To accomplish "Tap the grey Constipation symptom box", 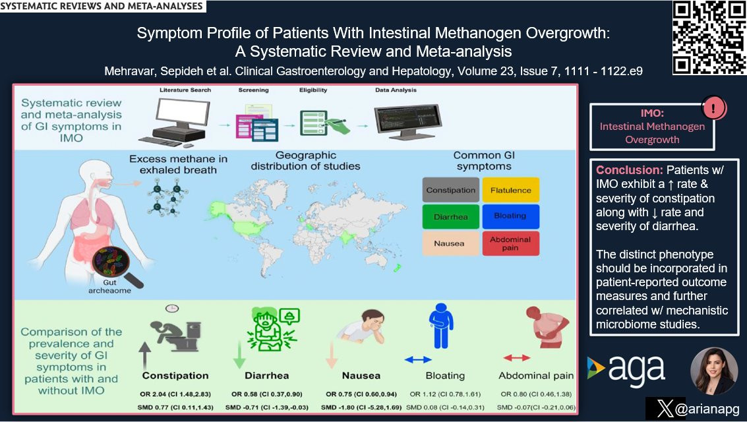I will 450,190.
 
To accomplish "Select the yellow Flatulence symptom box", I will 511,190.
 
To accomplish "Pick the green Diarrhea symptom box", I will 450,216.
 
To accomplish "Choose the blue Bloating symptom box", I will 511,216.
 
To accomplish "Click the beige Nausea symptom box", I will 450,243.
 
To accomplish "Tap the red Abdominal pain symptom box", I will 511,243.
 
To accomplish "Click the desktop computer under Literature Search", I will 169,119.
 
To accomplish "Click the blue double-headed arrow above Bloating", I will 417,359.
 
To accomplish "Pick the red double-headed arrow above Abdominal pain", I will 517,357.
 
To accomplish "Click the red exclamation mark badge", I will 714,106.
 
